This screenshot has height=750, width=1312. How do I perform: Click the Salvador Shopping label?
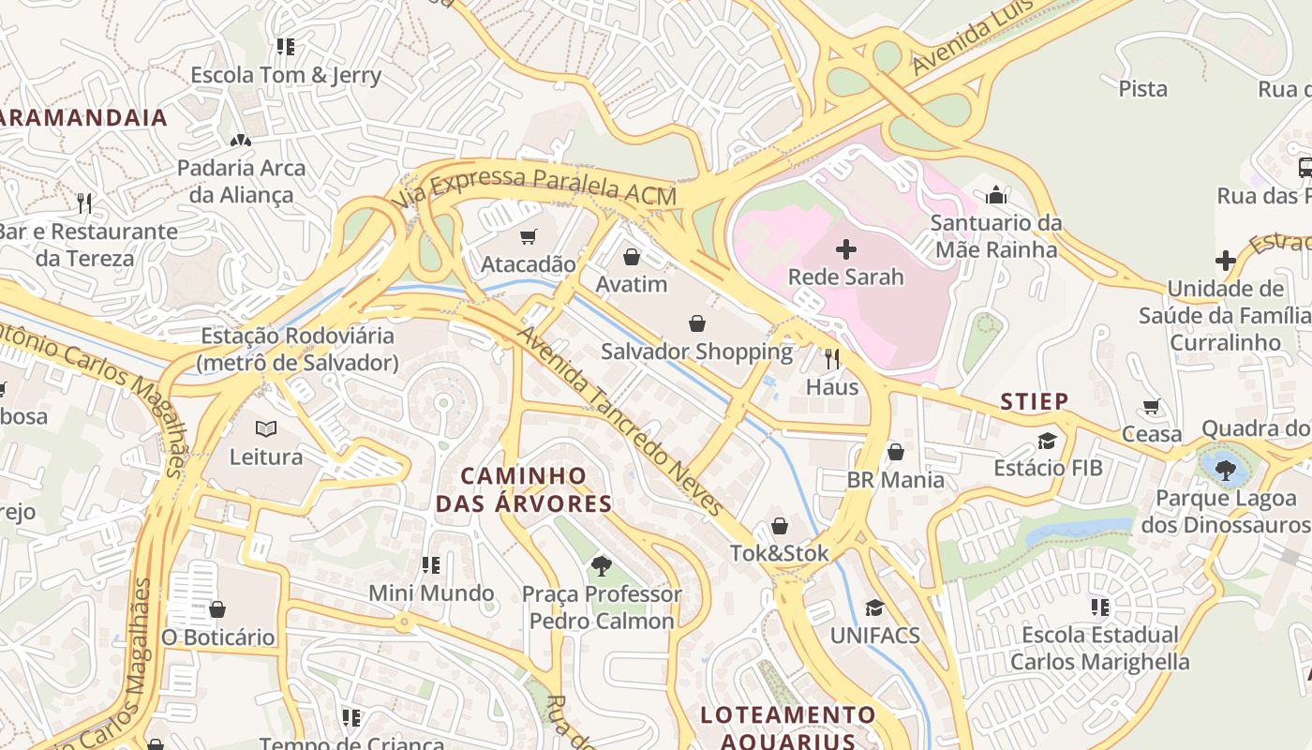pyautogui.click(x=696, y=352)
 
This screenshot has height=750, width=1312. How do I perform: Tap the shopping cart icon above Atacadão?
pyautogui.click(x=529, y=237)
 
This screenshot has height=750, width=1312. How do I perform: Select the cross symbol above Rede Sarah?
pyautogui.click(x=846, y=249)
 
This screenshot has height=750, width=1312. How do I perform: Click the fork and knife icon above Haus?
pyautogui.click(x=831, y=358)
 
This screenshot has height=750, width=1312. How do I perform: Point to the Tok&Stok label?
pyautogui.click(x=780, y=553)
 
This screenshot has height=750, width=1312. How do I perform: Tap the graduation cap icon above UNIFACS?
pyautogui.click(x=874, y=607)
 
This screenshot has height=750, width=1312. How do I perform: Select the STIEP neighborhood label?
pyautogui.click(x=1035, y=402)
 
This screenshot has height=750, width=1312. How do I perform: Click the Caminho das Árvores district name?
pyautogui.click(x=524, y=489)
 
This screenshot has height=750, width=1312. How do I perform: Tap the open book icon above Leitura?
pyautogui.click(x=266, y=429)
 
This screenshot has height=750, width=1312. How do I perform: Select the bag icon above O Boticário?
pyautogui.click(x=217, y=610)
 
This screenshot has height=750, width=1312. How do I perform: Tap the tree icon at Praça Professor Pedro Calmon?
pyautogui.click(x=601, y=566)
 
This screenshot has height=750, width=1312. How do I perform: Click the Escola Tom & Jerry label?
pyautogui.click(x=286, y=75)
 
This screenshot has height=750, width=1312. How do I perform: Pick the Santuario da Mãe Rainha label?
pyautogui.click(x=996, y=236)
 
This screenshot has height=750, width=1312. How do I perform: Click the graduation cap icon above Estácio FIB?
pyautogui.click(x=1047, y=441)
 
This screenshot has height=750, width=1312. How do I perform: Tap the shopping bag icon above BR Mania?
pyautogui.click(x=896, y=453)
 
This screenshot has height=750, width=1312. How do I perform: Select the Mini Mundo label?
pyautogui.click(x=431, y=592)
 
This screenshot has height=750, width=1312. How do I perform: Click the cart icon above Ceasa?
pyautogui.click(x=1152, y=407)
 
